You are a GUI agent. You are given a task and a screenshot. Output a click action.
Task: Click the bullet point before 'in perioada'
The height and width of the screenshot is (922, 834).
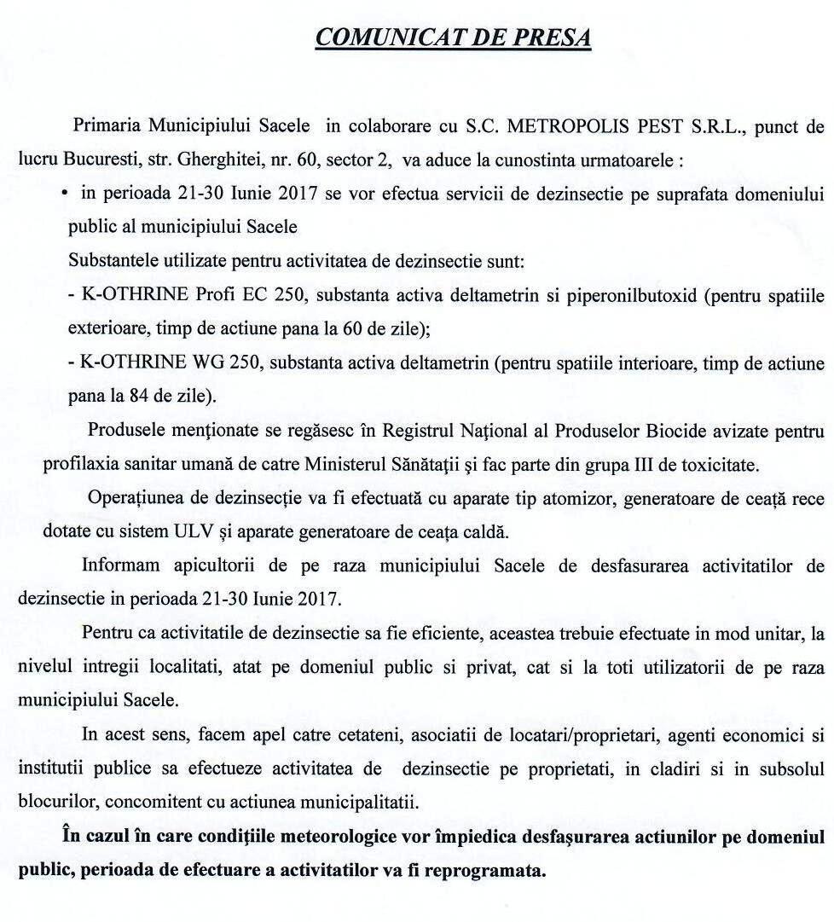[x=65, y=194]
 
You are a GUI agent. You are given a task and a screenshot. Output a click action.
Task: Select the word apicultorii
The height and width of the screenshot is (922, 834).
[x=203, y=566]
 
